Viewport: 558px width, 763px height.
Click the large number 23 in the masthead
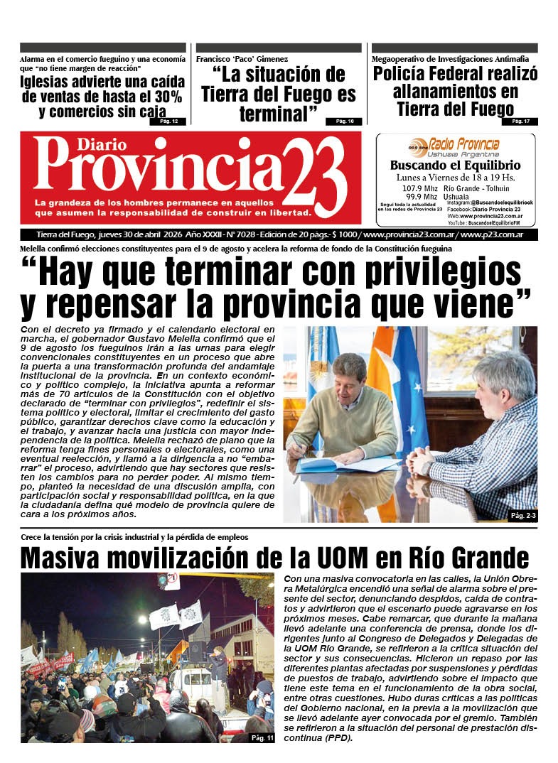pyautogui.click(x=318, y=175)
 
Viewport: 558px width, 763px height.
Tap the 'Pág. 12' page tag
pyautogui.click(x=168, y=121)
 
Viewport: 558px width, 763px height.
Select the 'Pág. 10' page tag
pyautogui.click(x=345, y=121)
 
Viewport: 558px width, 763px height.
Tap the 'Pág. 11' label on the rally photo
pyautogui.click(x=262, y=737)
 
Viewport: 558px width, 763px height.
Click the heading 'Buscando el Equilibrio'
pyautogui.click(x=455, y=166)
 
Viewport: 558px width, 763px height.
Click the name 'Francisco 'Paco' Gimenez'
pyautogui.click(x=242, y=59)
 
